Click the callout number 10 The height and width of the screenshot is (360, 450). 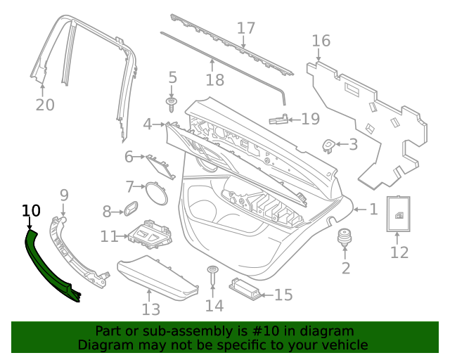32,210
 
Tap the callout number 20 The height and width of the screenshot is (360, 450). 45,105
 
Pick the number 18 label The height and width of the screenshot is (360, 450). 215,79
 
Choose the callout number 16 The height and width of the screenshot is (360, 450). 321,41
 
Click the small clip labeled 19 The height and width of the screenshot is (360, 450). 278,120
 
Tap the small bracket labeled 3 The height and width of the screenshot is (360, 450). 328,146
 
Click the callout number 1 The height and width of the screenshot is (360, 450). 373,209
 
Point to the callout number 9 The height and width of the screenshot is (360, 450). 63,195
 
